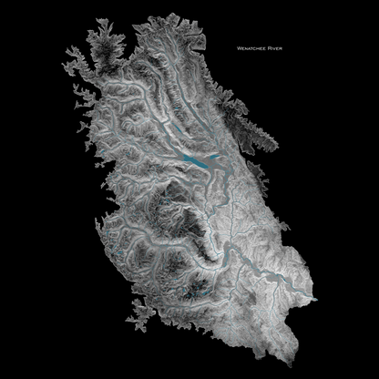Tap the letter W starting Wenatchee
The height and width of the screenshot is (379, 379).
point(238,45)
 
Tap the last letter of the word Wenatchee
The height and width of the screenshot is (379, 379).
point(268,45)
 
